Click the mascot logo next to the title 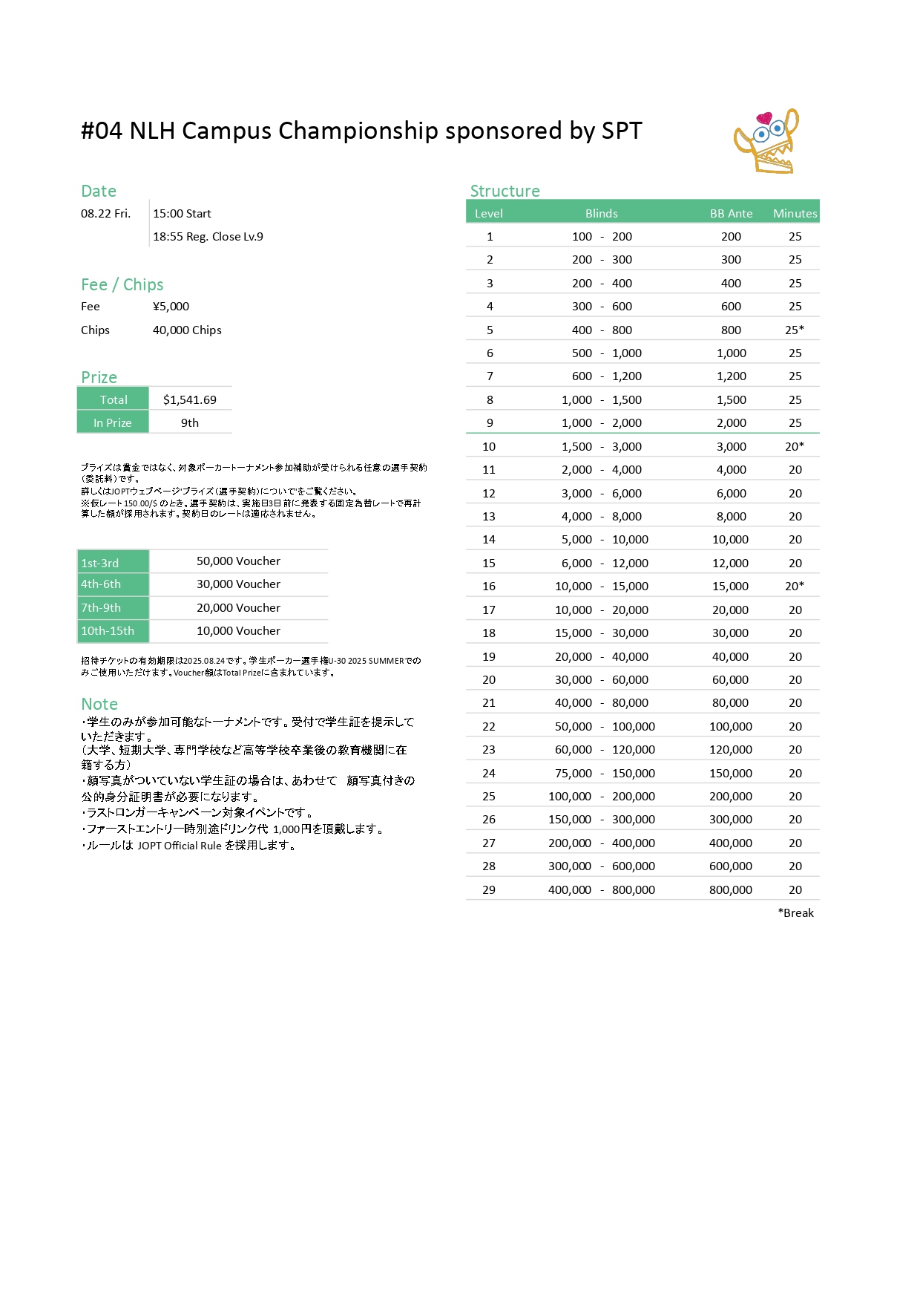click(766, 142)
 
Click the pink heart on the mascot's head click(763, 118)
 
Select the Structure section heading click(505, 191)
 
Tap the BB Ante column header click(731, 213)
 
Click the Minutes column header click(795, 213)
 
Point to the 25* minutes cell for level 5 click(795, 330)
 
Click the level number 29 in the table click(489, 889)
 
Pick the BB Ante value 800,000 click(731, 889)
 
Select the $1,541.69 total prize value click(190, 399)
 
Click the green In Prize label click(113, 422)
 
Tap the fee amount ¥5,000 click(171, 306)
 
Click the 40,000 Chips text click(187, 330)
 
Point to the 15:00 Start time click(182, 213)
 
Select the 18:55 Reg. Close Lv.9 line click(208, 236)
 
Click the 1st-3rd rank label click(100, 563)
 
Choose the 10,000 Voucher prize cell click(238, 630)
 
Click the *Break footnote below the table click(795, 912)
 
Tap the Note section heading click(99, 704)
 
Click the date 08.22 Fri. click(105, 213)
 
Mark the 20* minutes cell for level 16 click(795, 586)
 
